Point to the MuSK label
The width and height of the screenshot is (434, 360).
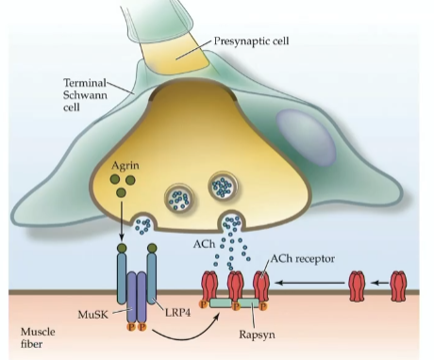click(x=95, y=310)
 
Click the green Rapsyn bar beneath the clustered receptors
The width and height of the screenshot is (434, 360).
click(x=237, y=303)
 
